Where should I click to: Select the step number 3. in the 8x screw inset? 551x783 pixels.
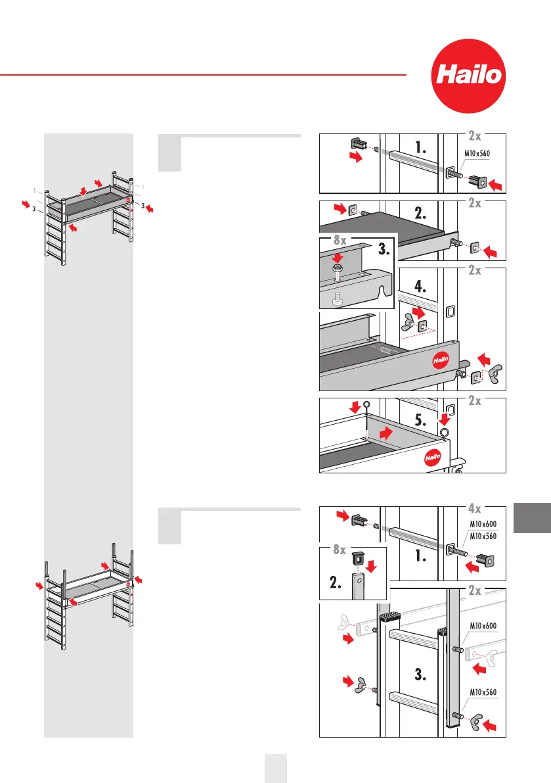[x=380, y=250]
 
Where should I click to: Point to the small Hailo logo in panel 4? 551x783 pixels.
[x=442, y=361]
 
